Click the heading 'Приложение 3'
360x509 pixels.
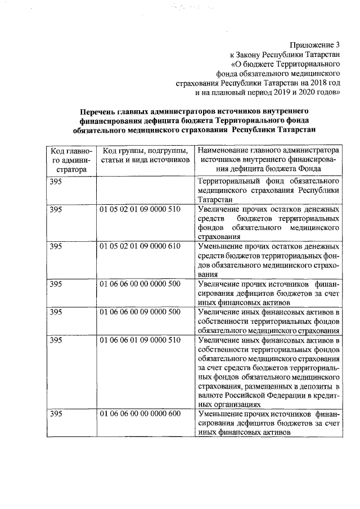point(316,44)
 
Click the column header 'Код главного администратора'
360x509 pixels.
point(67,160)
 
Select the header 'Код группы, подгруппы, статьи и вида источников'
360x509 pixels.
point(144,155)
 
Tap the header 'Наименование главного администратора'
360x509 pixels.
point(269,151)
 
